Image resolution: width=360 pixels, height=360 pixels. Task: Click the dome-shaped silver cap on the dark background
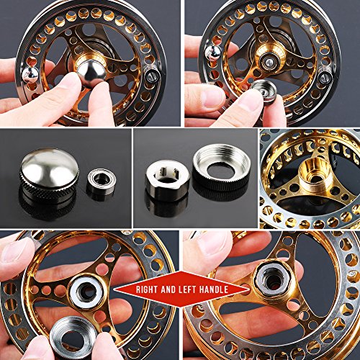tap(48, 171)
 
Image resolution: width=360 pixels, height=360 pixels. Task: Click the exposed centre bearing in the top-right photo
tap(276, 55)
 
